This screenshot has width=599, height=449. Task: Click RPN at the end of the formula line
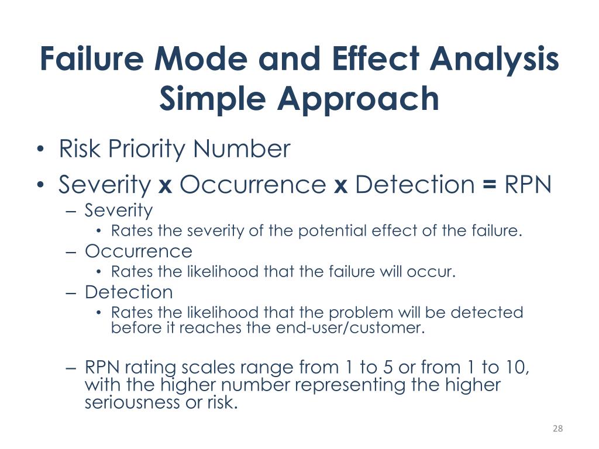[528, 185]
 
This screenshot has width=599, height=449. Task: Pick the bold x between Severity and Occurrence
[165, 186]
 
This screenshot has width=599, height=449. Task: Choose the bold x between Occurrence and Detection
[340, 186]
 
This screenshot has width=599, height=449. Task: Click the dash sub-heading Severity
[119, 210]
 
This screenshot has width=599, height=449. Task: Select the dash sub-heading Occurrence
[138, 251]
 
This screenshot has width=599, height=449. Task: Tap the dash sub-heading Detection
[129, 292]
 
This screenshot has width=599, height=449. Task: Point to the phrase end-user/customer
[349, 328]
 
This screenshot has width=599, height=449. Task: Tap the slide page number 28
[557, 429]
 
